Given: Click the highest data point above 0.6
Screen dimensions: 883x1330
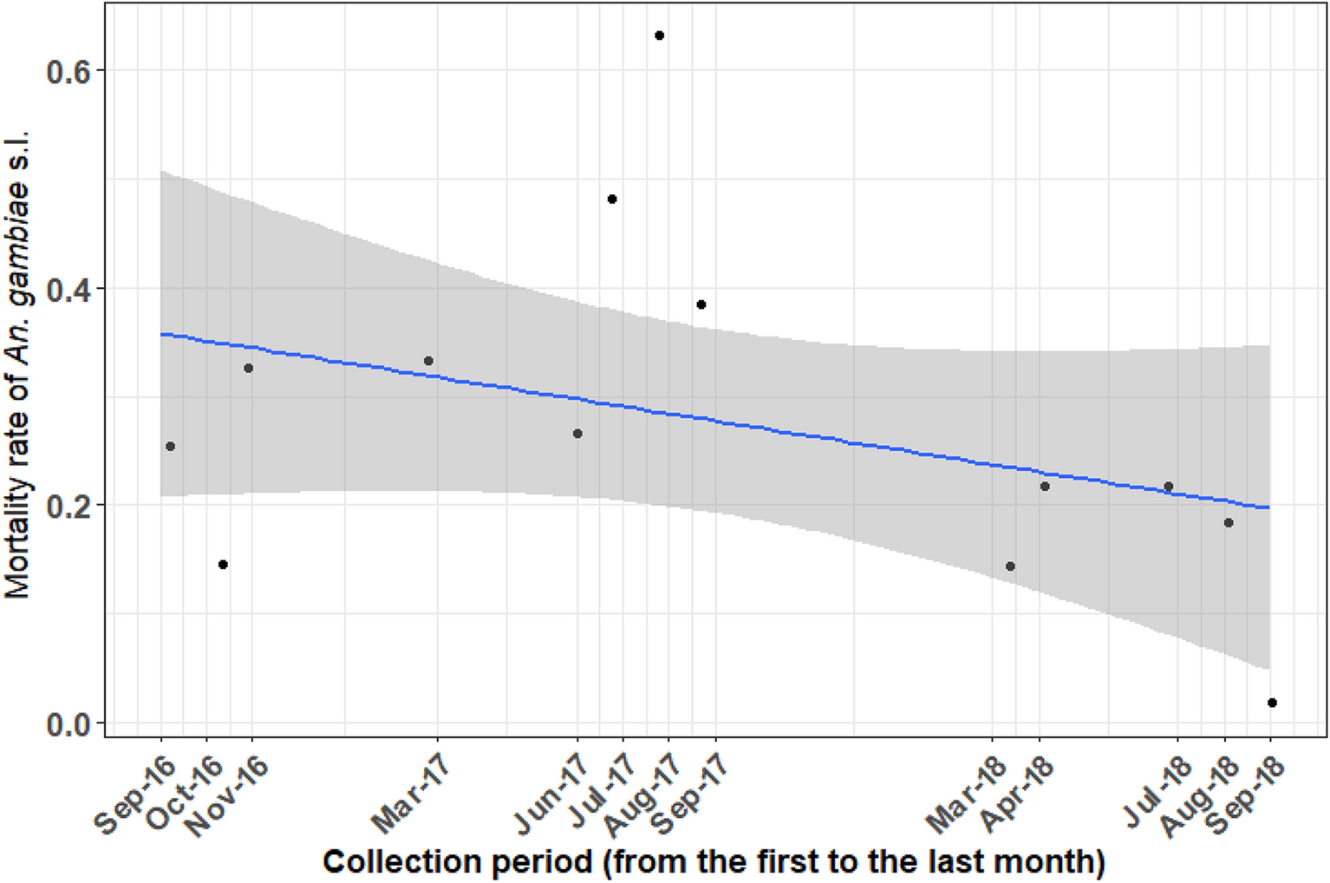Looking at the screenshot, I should pos(659,36).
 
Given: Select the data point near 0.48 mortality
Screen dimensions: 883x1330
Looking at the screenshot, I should pos(611,199).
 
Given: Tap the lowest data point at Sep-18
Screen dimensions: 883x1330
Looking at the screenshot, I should pos(1271,703).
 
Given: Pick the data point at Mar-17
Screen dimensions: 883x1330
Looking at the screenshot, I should pos(427,361).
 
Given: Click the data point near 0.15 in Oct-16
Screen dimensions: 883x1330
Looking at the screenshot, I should pos(223,565).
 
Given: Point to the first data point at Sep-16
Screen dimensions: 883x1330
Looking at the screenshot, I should pos(170,447).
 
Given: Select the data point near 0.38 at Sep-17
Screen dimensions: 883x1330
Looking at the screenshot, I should pos(701,304).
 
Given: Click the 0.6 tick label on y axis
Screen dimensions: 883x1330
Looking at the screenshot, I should pos(69,72).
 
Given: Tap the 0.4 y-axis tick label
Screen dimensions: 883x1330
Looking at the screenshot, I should pos(69,290).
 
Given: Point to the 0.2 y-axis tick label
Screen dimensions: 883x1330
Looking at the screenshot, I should pos(69,507).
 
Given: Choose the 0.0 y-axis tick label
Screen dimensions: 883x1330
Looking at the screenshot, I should pos(69,724).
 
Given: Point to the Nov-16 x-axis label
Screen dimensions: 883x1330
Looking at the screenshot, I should pos(227,795).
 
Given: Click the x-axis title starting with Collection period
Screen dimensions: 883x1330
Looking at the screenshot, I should pos(714,862).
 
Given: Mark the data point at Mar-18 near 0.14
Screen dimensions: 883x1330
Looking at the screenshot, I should pos(1010,566).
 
